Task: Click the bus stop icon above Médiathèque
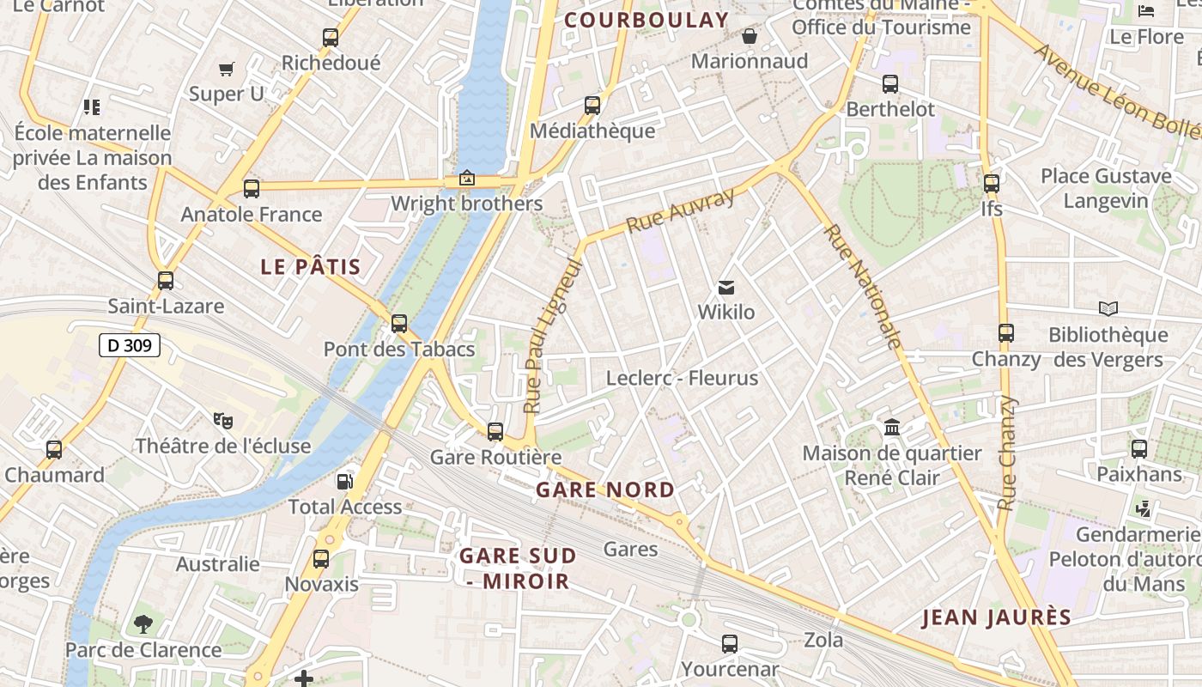592,106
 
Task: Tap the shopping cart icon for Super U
227,69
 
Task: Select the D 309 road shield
130,346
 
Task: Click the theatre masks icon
223,420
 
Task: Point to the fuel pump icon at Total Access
344,481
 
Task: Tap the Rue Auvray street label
681,210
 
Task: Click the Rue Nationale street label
863,287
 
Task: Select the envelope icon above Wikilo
726,287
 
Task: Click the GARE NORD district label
605,489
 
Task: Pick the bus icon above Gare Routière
495,432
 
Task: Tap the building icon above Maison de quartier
892,427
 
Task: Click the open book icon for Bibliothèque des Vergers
1108,308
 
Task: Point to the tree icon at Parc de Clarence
143,624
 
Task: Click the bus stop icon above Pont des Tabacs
399,324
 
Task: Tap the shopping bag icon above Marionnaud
750,36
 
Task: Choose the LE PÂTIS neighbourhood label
311,266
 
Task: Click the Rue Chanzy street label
1007,453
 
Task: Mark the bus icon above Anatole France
252,189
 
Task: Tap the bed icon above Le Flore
1146,11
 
